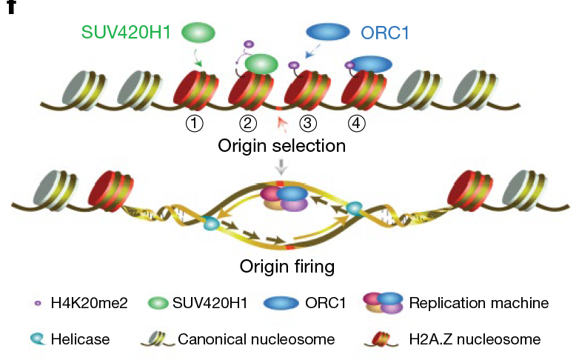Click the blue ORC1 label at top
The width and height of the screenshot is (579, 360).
[385, 33]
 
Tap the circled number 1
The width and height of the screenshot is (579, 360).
[194, 124]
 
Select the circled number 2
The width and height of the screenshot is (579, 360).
[248, 124]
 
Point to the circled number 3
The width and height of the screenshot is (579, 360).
[304, 124]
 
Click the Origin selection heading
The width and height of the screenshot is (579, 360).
[281, 146]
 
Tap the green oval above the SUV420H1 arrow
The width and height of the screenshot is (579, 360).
[198, 32]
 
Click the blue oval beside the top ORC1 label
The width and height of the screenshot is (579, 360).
[328, 31]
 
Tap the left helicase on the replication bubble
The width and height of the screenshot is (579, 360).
[212, 223]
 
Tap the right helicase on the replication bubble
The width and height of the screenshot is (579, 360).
[355, 210]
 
